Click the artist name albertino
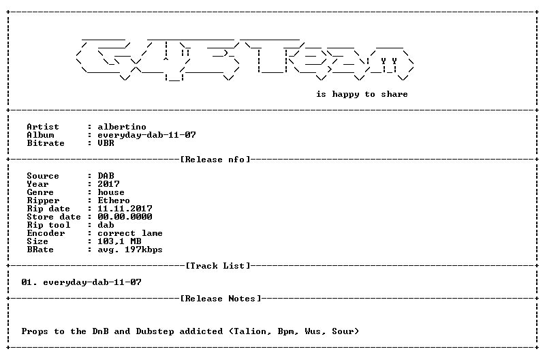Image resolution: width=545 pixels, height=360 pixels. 122,127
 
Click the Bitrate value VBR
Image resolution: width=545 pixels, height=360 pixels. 106,143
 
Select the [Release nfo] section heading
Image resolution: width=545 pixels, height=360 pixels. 215,160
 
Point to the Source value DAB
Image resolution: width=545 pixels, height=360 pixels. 106,176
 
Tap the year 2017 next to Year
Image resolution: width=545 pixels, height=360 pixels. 108,184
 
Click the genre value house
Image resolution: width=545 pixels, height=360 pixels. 111,192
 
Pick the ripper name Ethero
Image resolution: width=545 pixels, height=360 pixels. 114,200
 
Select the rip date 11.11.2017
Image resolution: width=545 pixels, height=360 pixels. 125,209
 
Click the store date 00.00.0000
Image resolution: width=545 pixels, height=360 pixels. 125,217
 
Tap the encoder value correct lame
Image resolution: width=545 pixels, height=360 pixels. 130,233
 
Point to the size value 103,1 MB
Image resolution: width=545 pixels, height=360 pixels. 119,241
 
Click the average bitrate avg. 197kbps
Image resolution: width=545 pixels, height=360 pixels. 130,250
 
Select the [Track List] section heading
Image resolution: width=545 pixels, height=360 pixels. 218,266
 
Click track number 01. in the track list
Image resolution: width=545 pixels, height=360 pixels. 29,282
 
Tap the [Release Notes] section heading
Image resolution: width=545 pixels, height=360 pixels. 221,299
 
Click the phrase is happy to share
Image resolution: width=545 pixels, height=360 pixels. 362,94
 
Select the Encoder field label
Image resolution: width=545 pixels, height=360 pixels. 46,233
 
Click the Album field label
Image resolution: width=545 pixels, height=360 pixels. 40,135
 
